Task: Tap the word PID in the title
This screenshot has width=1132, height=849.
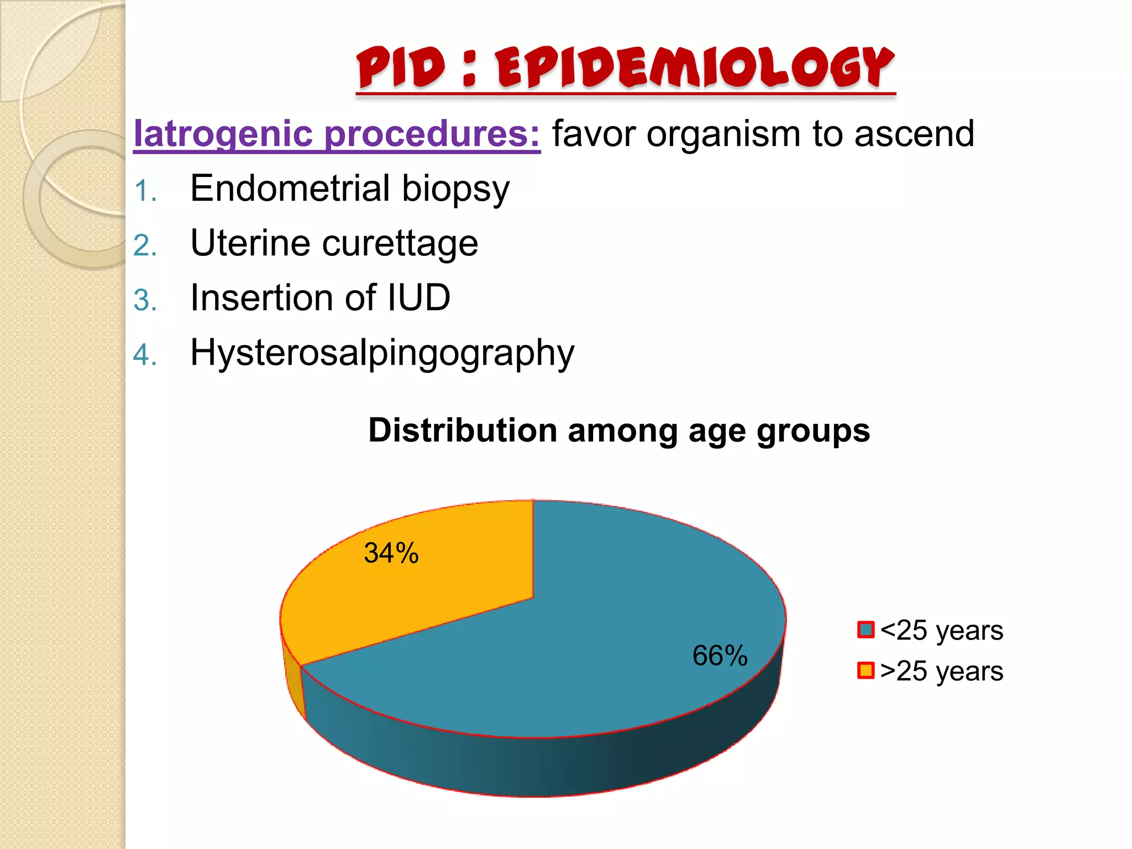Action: tap(401, 67)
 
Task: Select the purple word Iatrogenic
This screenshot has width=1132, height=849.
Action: tap(224, 134)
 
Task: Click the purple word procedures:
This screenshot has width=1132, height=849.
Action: tap(431, 134)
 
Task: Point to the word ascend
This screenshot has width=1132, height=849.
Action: tap(914, 134)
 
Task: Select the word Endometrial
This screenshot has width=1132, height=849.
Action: tap(290, 188)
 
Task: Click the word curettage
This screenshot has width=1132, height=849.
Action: tap(400, 244)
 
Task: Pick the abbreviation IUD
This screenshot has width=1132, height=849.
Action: tap(418, 298)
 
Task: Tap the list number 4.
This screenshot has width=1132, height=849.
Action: tap(145, 355)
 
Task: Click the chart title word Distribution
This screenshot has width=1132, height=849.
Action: tap(462, 431)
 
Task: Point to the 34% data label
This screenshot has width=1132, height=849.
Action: tap(391, 553)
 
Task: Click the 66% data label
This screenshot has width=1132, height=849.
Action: tap(720, 656)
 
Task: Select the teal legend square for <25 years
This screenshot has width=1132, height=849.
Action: tap(866, 630)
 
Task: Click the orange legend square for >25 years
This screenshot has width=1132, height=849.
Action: tap(866, 670)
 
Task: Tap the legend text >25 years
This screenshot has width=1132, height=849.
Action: tap(941, 672)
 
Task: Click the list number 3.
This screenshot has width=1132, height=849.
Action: tap(145, 301)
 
